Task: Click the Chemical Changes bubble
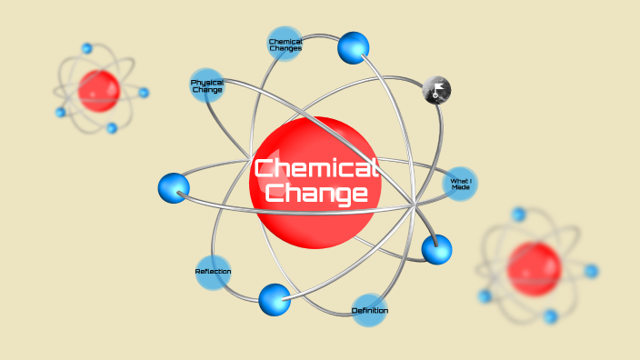point(285,44)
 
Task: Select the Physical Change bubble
point(207,86)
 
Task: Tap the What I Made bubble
point(460,184)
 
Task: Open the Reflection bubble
point(213,272)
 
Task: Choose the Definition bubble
point(370,311)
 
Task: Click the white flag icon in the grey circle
point(437,89)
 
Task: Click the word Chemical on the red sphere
point(315,168)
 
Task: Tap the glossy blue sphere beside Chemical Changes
point(354,47)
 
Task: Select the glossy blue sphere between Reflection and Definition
point(275,299)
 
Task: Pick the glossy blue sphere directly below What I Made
point(436,248)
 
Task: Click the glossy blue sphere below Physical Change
point(174,188)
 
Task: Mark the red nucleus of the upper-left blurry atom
point(98,90)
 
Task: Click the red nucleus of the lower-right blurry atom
point(535,268)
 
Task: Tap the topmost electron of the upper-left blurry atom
point(87,48)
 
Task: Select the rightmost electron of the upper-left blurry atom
point(144,93)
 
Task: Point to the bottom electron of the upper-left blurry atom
point(112,128)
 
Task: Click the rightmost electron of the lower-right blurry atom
point(592,271)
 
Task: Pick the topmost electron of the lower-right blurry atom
point(519,215)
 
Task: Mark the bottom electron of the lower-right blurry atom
point(550,316)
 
